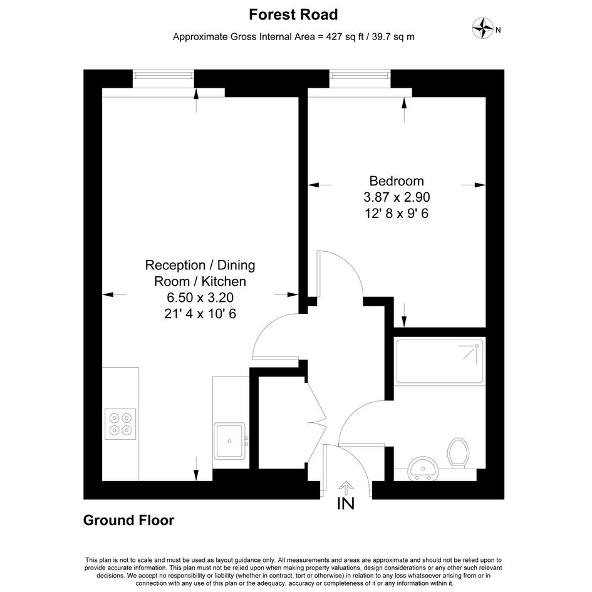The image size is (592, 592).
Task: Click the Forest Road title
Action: pyautogui.click(x=293, y=15)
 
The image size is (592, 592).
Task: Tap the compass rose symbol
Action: pyautogui.click(x=483, y=28)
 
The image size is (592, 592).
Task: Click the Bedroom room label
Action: pyautogui.click(x=397, y=181)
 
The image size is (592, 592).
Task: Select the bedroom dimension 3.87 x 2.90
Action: pyautogui.click(x=397, y=197)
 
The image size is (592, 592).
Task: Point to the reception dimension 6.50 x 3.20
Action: pyautogui.click(x=200, y=298)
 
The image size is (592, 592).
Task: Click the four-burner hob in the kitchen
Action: pyautogui.click(x=120, y=424)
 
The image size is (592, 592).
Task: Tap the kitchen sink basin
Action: pyautogui.click(x=229, y=440)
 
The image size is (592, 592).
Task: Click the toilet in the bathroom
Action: pyautogui.click(x=459, y=453)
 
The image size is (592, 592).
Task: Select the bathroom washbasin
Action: pyautogui.click(x=423, y=468)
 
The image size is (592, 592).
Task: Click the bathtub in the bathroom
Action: pyautogui.click(x=440, y=361)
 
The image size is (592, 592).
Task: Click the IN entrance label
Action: pyautogui.click(x=346, y=503)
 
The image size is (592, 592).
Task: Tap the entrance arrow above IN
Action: pyautogui.click(x=346, y=488)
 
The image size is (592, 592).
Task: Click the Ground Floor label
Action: pyautogui.click(x=128, y=520)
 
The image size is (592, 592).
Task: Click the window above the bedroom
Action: pyautogui.click(x=360, y=75)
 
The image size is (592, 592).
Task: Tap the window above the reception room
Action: pyautogui.click(x=164, y=75)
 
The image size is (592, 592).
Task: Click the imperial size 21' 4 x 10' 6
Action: pyautogui.click(x=200, y=314)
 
